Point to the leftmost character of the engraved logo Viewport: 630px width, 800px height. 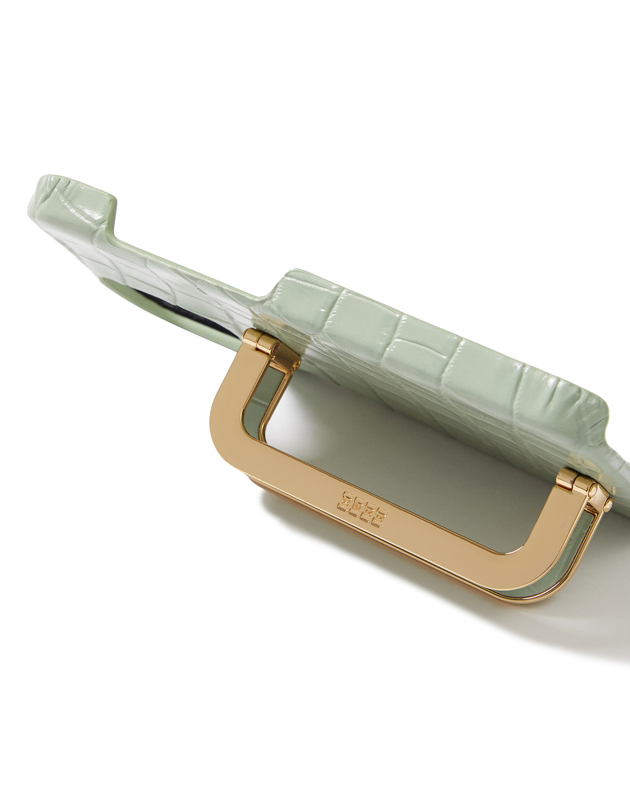point(345,500)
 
